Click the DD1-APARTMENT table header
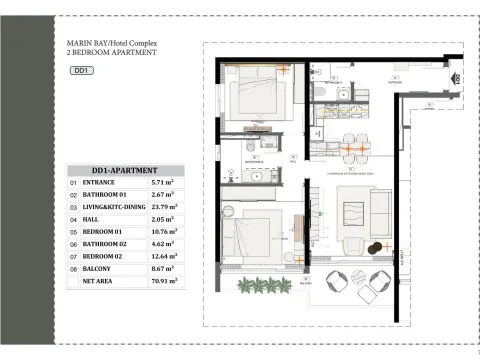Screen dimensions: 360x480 tap(125, 171)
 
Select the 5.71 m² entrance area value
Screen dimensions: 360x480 tap(162, 184)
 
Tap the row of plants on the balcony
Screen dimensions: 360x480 tap(261, 286)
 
